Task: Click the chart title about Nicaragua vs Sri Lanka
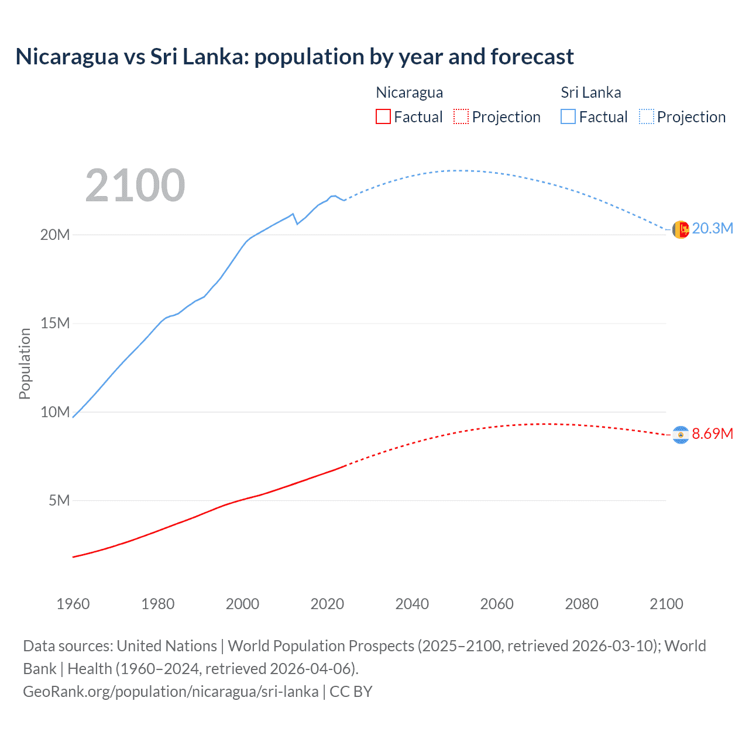(x=294, y=57)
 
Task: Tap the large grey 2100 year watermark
(x=135, y=185)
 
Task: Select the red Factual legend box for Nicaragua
(x=383, y=116)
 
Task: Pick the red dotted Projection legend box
(x=461, y=116)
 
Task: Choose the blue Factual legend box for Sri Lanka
(x=568, y=116)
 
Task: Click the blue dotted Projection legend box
(x=646, y=116)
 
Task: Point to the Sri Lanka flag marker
(x=681, y=229)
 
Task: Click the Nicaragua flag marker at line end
(x=681, y=435)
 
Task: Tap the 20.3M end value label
(x=712, y=228)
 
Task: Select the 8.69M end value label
(x=712, y=434)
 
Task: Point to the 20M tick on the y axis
(x=55, y=235)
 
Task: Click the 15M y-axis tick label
(x=55, y=323)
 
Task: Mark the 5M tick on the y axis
(x=59, y=500)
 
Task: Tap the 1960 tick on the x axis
(x=73, y=604)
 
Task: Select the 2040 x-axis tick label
(x=412, y=604)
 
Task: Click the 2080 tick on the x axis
(x=582, y=604)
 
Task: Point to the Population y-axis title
(x=25, y=363)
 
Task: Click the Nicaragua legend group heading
(x=409, y=92)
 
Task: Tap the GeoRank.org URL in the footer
(x=171, y=691)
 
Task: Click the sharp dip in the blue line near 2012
(x=297, y=224)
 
